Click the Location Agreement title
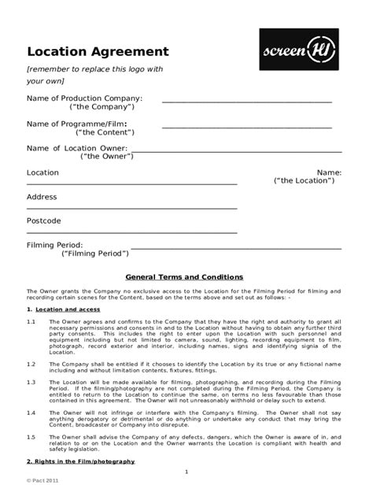pyautogui.click(x=98, y=52)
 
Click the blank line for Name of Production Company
pyautogui.click(x=247, y=102)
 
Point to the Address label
pyautogui.click(x=42, y=197)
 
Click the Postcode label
pyautogui.click(x=44, y=220)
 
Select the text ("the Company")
pyautogui.click(x=102, y=106)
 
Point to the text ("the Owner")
pyautogui.click(x=107, y=156)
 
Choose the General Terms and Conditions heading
pyautogui.click(x=185, y=277)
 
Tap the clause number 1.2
pyautogui.click(x=31, y=364)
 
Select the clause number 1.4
pyautogui.click(x=31, y=413)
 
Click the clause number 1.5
pyautogui.click(x=31, y=436)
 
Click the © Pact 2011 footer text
pyautogui.click(x=43, y=479)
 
